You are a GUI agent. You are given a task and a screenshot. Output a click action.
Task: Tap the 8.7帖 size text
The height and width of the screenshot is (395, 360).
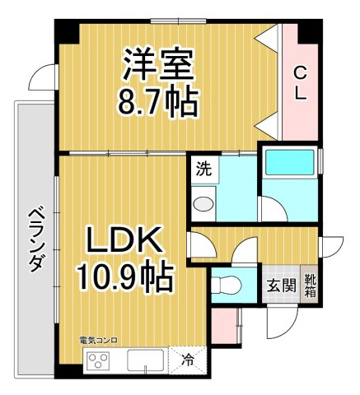(157, 100)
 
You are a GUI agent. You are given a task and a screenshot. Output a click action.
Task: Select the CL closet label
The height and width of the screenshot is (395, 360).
(300, 82)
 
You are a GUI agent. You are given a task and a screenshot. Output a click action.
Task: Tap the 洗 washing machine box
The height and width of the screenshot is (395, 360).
(204, 169)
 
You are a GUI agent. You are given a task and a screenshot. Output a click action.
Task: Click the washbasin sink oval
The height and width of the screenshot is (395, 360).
(204, 204)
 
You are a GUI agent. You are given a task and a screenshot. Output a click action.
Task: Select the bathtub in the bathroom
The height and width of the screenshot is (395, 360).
(289, 162)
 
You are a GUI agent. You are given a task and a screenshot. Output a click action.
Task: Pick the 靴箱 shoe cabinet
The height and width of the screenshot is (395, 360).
(309, 284)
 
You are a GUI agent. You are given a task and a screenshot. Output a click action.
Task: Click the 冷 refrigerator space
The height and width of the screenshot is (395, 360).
(188, 361)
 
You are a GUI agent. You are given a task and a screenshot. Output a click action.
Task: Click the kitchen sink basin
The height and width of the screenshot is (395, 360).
(145, 361)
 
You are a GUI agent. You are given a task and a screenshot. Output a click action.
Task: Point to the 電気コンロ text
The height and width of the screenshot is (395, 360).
(98, 341)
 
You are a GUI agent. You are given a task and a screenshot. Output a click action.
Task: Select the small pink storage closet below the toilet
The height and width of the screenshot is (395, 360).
(224, 326)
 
